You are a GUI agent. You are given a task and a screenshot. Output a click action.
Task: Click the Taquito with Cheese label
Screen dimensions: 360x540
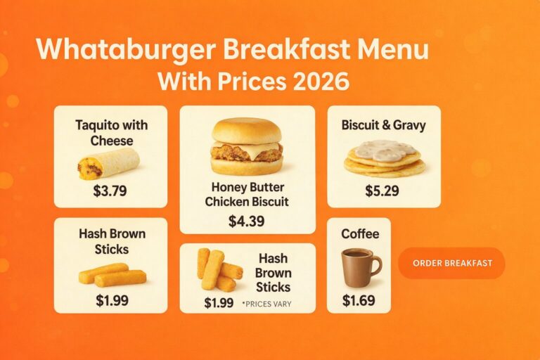click(111, 133)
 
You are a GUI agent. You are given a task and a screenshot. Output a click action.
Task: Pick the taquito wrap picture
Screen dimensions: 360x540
click(108, 164)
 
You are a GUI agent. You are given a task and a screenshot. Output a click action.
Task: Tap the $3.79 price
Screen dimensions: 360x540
click(110, 190)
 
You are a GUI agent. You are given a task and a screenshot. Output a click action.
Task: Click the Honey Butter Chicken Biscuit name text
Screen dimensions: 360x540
click(247, 195)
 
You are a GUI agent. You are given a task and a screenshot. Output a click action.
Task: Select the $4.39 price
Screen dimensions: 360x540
click(246, 221)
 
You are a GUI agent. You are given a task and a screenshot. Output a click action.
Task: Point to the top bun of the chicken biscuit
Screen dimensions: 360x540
click(247, 130)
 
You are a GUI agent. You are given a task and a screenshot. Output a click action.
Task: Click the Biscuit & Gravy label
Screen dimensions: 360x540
click(383, 126)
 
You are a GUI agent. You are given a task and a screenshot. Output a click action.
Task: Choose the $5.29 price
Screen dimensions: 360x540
click(383, 191)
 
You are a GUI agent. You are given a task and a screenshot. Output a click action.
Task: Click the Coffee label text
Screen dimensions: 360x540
click(359, 234)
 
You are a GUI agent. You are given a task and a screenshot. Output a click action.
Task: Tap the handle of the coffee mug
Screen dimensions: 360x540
click(375, 266)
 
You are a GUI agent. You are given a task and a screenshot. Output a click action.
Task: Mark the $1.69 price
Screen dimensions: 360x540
click(359, 300)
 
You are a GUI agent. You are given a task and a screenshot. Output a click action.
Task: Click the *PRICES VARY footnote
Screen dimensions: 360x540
click(266, 304)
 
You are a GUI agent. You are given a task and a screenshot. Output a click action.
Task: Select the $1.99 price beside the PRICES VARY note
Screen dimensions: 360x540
click(219, 303)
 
